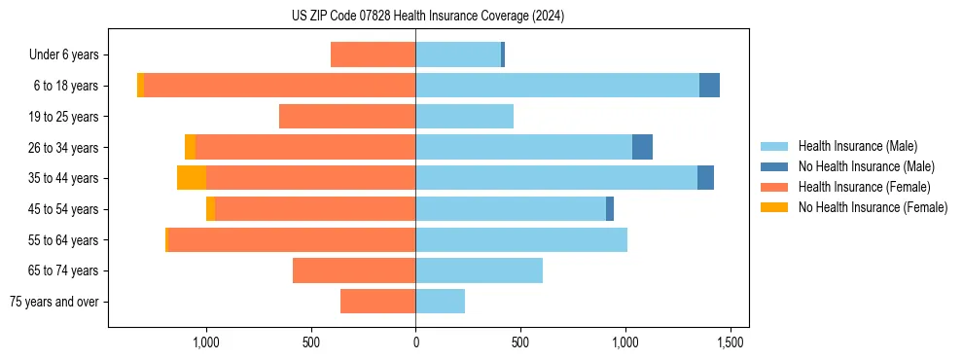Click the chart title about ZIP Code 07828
coord(428,17)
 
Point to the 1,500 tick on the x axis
coord(731,342)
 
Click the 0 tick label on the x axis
coord(415,342)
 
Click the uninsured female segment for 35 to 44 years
coord(192,178)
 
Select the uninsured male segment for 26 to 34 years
coord(642,147)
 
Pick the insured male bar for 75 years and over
coord(440,302)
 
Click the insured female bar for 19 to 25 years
coord(347,117)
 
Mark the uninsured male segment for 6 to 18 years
coord(709,86)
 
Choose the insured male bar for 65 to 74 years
coord(479,270)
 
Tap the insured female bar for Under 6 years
coord(373,54)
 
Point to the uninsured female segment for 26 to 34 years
coord(190,147)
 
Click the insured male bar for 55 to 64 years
coord(521,239)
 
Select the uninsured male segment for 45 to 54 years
coord(610,209)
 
